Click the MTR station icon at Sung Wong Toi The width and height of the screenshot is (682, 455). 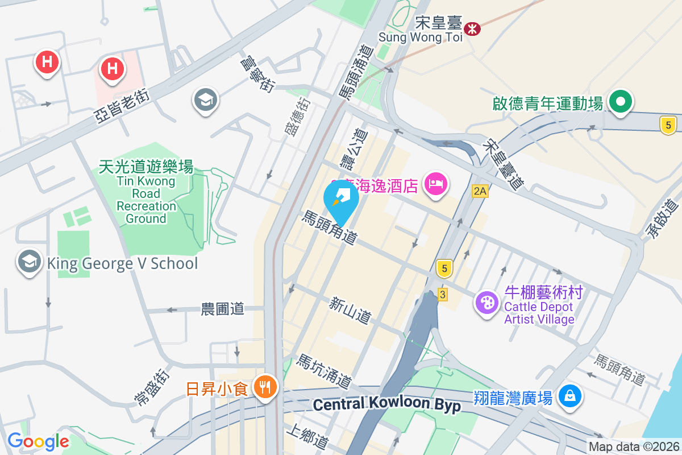(x=472, y=28)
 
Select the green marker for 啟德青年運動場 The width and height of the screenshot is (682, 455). (x=621, y=102)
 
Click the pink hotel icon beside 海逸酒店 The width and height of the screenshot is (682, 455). (x=435, y=184)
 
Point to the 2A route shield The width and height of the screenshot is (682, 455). (x=480, y=191)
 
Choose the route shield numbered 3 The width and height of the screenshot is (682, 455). (x=443, y=294)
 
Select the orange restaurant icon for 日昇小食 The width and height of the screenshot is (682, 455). (x=264, y=388)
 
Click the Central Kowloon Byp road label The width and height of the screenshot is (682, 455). (x=386, y=405)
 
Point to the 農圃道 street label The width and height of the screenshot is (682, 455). (x=222, y=309)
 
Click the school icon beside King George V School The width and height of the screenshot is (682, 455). (x=28, y=262)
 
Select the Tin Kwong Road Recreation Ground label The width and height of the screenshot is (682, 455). (x=146, y=192)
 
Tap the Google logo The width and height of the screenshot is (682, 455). (x=38, y=441)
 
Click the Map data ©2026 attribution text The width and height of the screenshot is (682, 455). (x=634, y=446)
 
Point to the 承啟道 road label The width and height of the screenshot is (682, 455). (x=663, y=219)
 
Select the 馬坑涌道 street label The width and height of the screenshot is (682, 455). (x=324, y=370)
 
